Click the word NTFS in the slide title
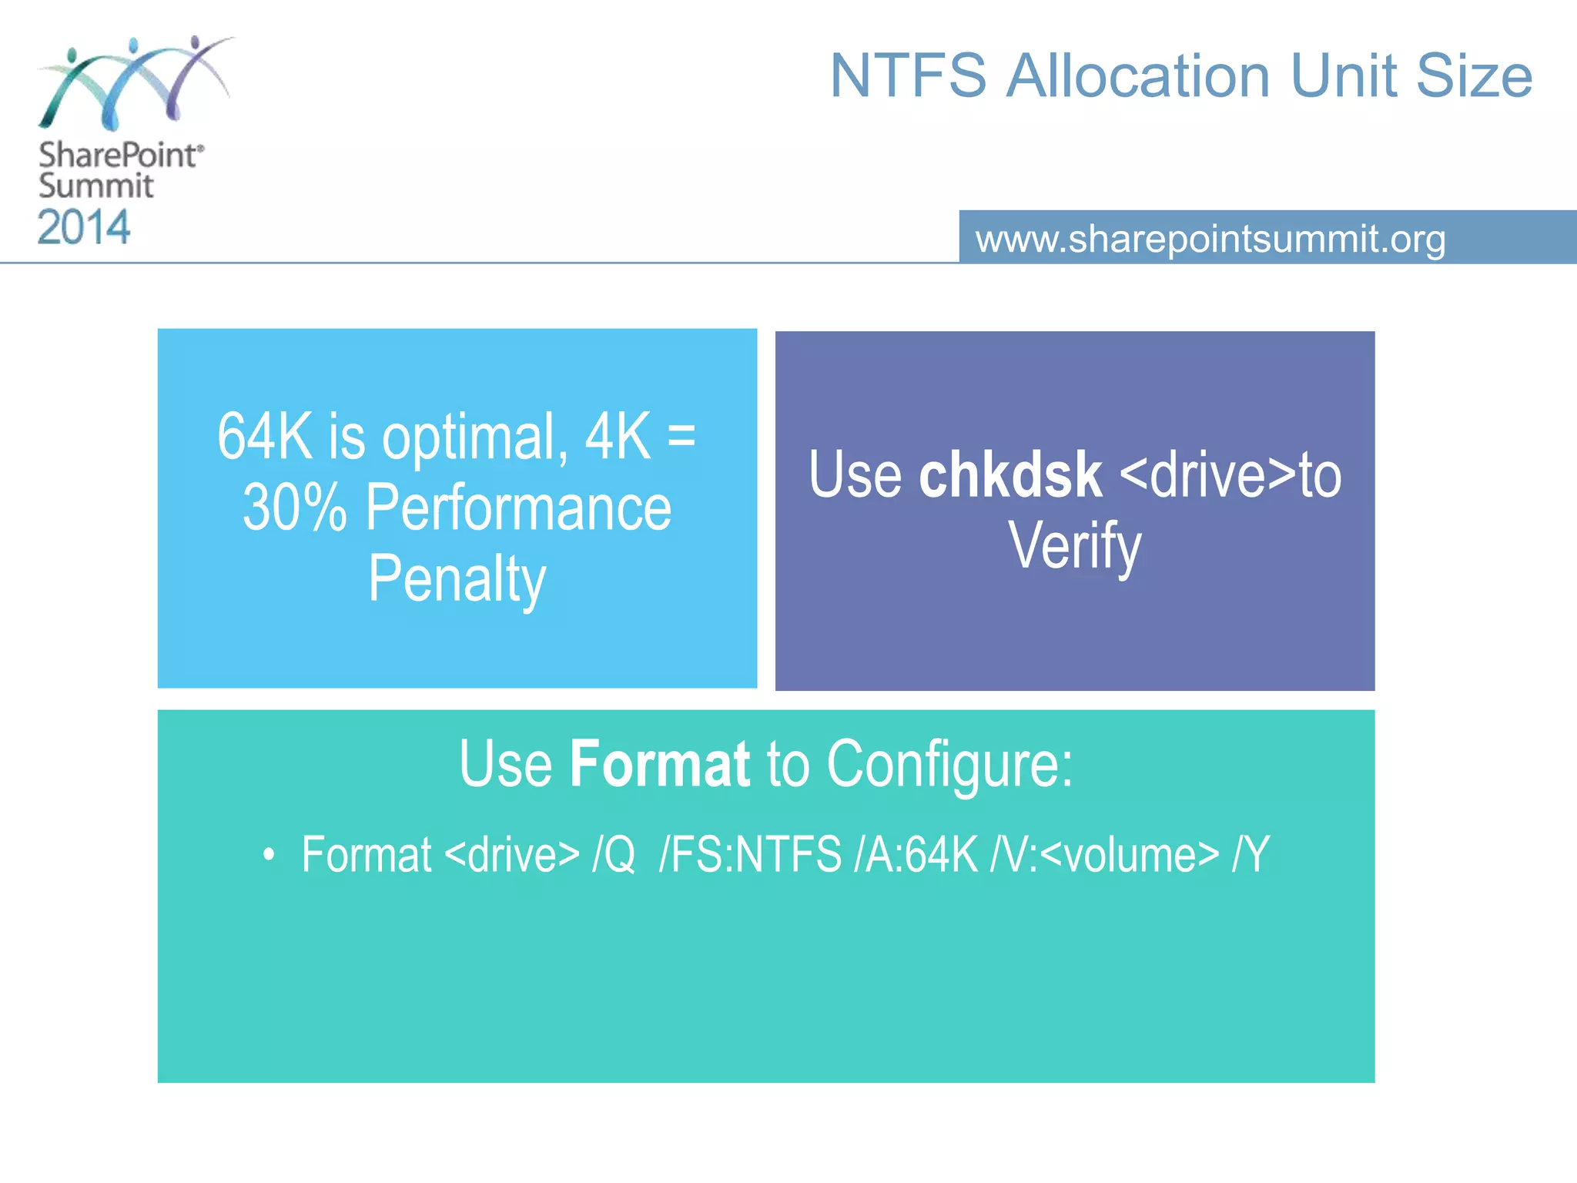(x=908, y=76)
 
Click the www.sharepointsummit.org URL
(x=1210, y=239)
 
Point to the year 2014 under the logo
(x=84, y=227)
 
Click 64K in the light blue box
(x=264, y=437)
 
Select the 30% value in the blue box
(x=294, y=508)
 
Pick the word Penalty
(x=457, y=579)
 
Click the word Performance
(x=518, y=508)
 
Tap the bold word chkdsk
(x=1009, y=475)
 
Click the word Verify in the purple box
(x=1075, y=545)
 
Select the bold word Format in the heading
(x=659, y=764)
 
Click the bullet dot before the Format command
(x=268, y=855)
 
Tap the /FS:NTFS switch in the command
(x=750, y=855)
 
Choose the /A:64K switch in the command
(x=916, y=855)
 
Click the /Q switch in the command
(x=614, y=855)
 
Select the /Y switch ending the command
(x=1251, y=855)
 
